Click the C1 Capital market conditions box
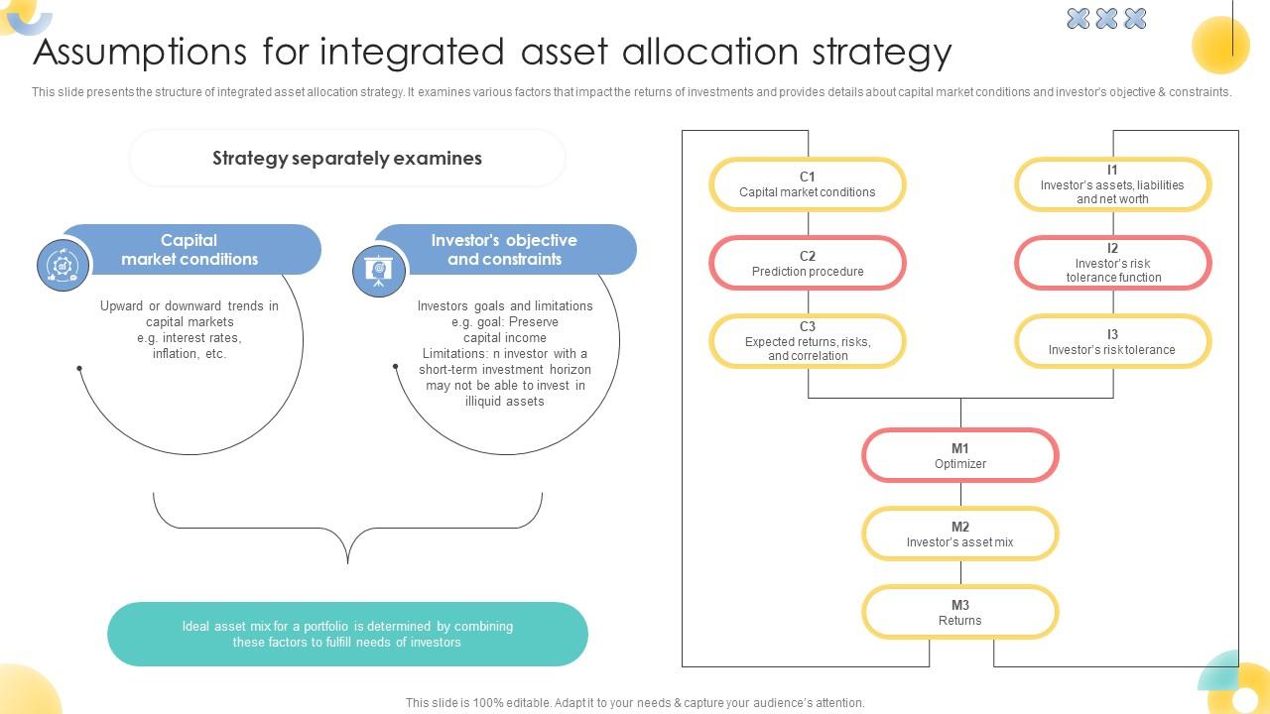tap(807, 184)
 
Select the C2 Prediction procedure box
tap(807, 264)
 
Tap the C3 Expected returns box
tap(807, 341)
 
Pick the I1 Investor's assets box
tap(1112, 184)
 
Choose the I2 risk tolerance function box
tap(1112, 264)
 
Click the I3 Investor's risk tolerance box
tap(1112, 341)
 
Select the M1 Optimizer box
tap(959, 456)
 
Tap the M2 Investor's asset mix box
tap(959, 535)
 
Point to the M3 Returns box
tap(959, 613)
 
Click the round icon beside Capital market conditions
tap(63, 265)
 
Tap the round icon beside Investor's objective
tap(379, 270)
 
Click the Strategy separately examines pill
tap(347, 158)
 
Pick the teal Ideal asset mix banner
tap(347, 635)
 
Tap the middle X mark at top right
tap(1106, 18)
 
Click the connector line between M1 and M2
tap(960, 495)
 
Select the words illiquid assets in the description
tap(504, 402)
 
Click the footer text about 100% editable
tap(635, 703)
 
